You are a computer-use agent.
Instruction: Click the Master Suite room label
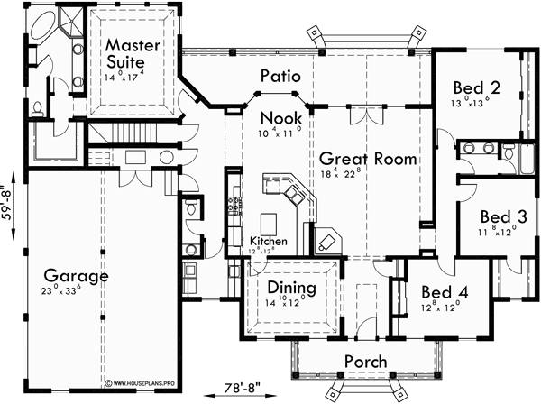[x=132, y=54]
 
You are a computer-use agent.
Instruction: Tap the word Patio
[x=280, y=77]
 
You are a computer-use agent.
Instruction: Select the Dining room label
[x=290, y=289]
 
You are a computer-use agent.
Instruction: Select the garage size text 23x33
[x=74, y=292]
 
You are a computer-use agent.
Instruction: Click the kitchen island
[x=268, y=222]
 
